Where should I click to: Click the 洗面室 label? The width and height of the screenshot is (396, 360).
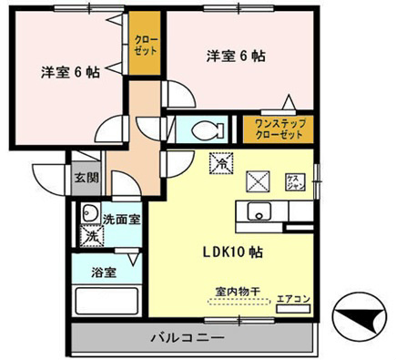120,219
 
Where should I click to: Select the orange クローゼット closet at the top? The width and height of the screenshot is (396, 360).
144,46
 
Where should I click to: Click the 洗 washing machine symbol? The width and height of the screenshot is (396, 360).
90,235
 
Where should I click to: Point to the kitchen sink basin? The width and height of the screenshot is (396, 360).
259,215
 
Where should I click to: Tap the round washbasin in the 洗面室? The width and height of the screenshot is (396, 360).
89,213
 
